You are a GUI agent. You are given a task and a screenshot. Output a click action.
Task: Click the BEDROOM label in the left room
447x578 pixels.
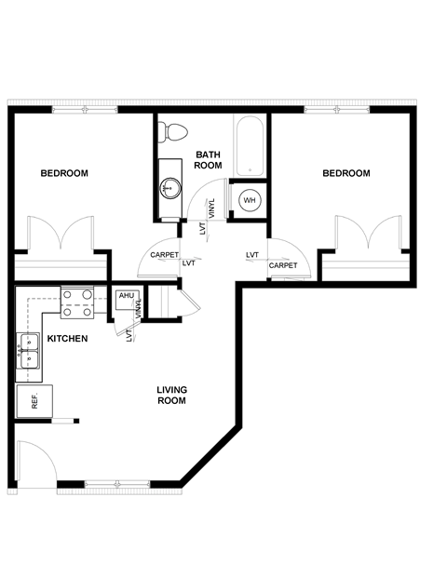point(64,173)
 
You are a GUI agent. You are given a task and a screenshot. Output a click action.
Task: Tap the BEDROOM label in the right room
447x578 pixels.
point(346,173)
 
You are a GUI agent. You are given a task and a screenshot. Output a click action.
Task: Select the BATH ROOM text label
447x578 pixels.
point(208,159)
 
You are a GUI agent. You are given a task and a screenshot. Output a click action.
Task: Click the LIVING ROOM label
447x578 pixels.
point(171,395)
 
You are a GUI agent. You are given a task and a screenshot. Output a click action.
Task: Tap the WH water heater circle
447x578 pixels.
point(250,200)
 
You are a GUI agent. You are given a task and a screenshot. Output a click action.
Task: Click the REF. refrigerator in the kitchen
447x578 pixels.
point(34,401)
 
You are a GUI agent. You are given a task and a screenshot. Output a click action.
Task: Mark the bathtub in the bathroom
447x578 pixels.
point(249,146)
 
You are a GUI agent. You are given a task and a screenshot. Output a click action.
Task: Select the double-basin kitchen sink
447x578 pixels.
point(28,351)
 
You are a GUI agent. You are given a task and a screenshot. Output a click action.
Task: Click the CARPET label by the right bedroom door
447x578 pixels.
point(282,265)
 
